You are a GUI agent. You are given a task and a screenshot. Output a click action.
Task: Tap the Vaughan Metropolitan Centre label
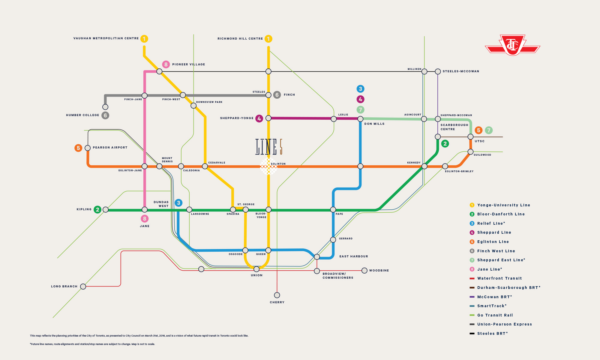pyautogui.click(x=106, y=38)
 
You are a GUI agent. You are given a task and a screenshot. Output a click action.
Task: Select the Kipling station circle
pyautogui.click(x=106, y=210)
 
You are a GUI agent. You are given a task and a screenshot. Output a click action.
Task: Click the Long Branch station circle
pyautogui.click(x=83, y=286)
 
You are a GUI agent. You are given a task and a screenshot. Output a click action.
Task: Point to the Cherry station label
pyautogui.click(x=277, y=302)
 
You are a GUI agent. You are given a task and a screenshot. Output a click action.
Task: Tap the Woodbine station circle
pyautogui.click(x=364, y=271)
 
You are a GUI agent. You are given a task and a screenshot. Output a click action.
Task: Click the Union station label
pyautogui.click(x=257, y=275)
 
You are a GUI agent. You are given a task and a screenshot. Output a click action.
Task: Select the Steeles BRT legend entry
pyautogui.click(x=489, y=334)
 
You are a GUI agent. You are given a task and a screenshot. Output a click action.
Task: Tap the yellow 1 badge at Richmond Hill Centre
pyautogui.click(x=268, y=39)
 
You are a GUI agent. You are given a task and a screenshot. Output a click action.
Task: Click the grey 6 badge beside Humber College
pyautogui.click(x=105, y=115)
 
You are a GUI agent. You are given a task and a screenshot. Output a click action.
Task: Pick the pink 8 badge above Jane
pyautogui.click(x=145, y=219)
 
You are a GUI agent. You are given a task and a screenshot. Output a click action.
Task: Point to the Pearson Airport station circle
pyautogui.click(x=88, y=148)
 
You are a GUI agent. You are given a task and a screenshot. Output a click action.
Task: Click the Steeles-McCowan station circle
pyautogui.click(x=438, y=71)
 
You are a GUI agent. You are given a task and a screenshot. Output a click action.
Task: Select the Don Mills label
pyautogui.click(x=374, y=124)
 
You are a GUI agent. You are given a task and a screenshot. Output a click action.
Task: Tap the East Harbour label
pyautogui.click(x=354, y=256)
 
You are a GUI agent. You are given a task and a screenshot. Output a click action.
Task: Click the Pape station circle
pyautogui.click(x=333, y=209)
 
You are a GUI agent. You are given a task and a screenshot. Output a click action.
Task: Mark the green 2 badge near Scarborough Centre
pyautogui.click(x=445, y=144)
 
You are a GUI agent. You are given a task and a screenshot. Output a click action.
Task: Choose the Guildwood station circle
pyautogui.click(x=470, y=152)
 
